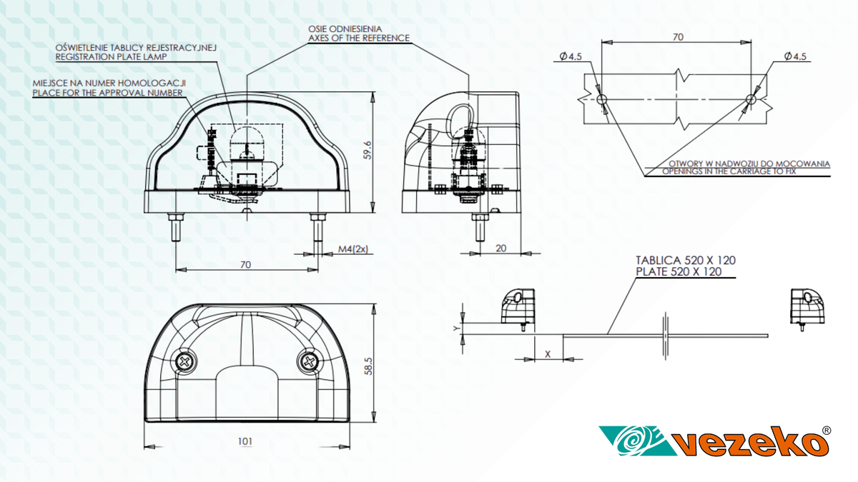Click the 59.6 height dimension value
point(368,150)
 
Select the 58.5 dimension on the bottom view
point(368,366)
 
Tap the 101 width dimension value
point(245,441)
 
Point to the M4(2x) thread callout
point(353,249)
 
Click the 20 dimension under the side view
point(501,248)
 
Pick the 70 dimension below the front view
point(245,265)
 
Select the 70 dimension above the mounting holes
point(678,37)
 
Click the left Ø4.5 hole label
point(571,56)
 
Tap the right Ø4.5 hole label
point(795,56)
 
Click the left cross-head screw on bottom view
point(185,361)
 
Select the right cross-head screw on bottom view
point(308,361)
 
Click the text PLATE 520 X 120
point(679,272)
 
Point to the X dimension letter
point(548,354)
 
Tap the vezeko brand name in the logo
point(751,443)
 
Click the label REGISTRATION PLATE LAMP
point(111,57)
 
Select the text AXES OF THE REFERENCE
point(359,38)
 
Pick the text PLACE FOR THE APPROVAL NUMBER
point(108,93)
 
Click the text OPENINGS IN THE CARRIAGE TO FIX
point(729,171)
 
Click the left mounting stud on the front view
point(176,227)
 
